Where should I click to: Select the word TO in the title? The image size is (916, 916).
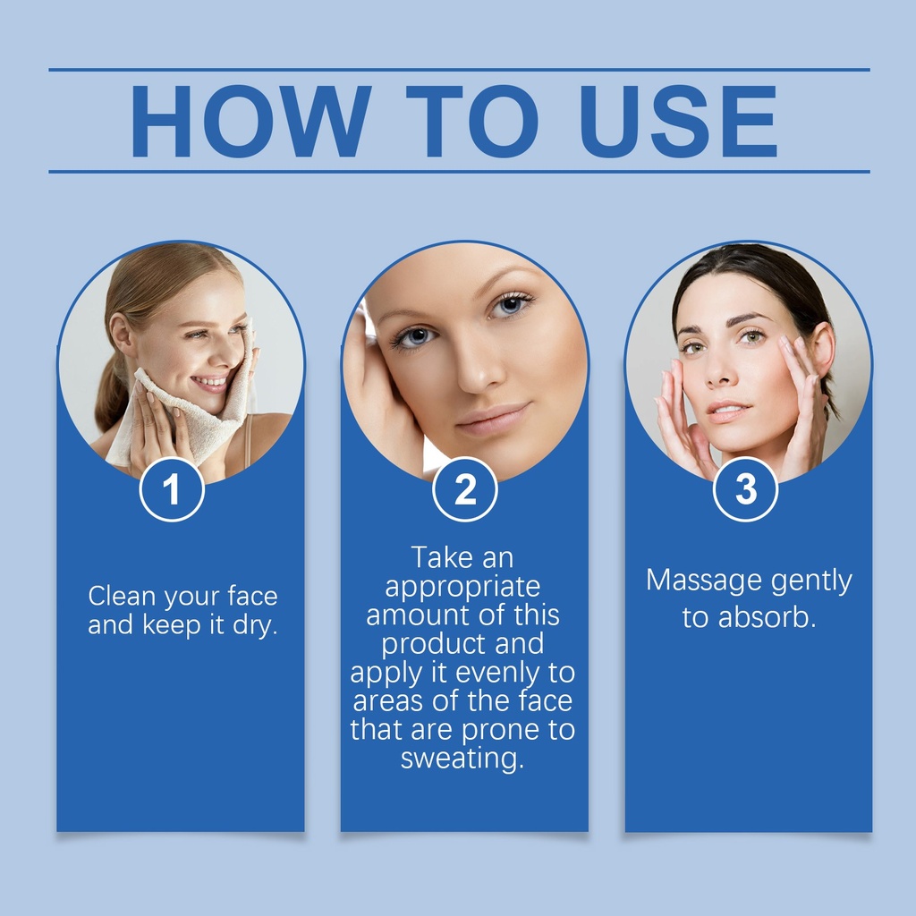(472, 121)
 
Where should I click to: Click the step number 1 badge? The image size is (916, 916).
(172, 489)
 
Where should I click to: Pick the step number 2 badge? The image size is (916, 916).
(465, 489)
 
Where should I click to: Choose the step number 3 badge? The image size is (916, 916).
(745, 489)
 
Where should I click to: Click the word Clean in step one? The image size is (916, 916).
(122, 597)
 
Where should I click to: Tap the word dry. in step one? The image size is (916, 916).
(255, 625)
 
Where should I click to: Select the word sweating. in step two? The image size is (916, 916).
(462, 759)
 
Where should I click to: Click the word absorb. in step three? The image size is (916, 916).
(767, 617)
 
